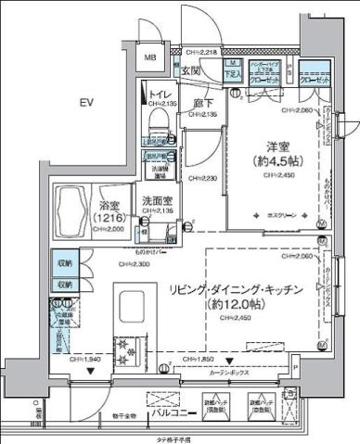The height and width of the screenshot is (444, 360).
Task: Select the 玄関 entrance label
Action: point(191,70)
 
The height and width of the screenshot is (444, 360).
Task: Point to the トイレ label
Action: point(159,94)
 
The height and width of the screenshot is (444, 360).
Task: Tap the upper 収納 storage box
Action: point(64,263)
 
